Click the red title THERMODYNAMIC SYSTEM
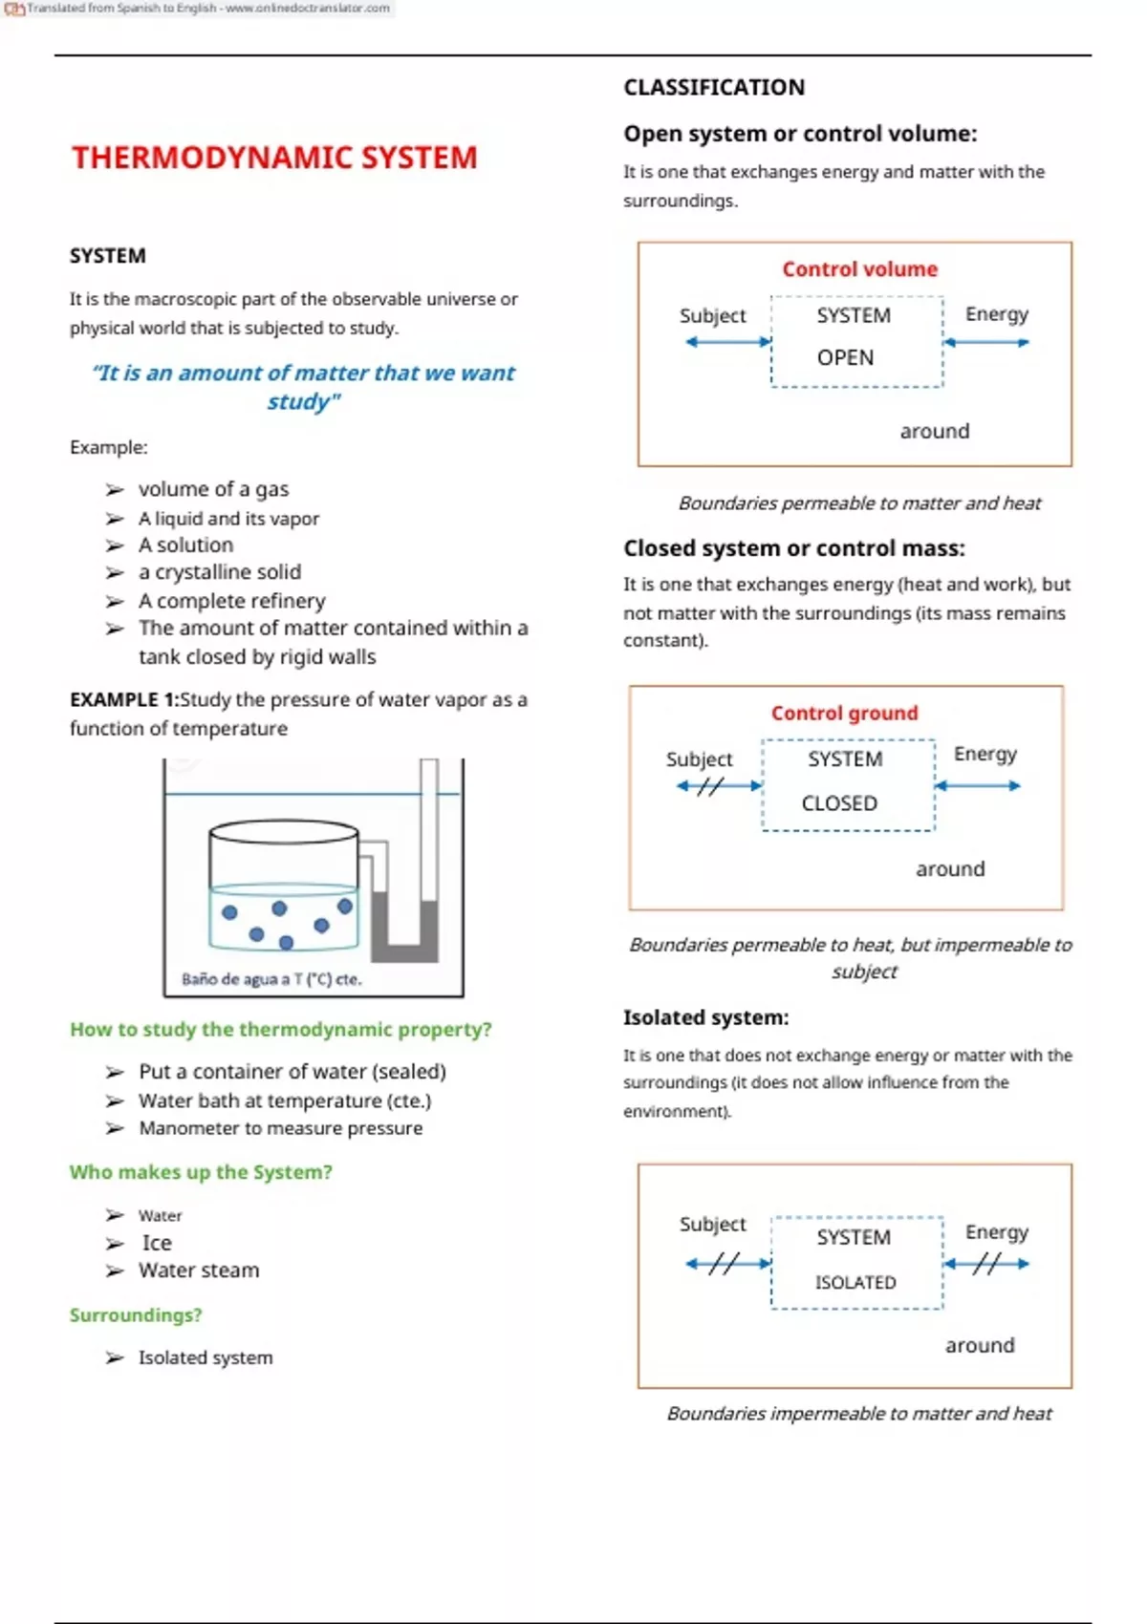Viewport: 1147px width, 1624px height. pyautogui.click(x=274, y=158)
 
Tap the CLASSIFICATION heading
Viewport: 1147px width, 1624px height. pyautogui.click(x=714, y=88)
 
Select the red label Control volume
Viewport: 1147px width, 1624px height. pyautogui.click(x=859, y=269)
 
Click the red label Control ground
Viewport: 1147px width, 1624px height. pyautogui.click(x=844, y=714)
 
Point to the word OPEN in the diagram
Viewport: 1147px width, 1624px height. pyautogui.click(x=845, y=357)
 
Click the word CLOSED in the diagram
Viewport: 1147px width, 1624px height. pyautogui.click(x=839, y=803)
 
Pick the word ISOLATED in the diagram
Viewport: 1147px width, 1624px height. pyautogui.click(x=855, y=1282)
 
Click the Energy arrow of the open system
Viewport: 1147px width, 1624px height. pyautogui.click(x=986, y=342)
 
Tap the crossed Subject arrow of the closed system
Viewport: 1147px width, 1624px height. pyautogui.click(x=718, y=786)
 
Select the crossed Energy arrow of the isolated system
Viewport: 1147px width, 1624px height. pyautogui.click(x=986, y=1264)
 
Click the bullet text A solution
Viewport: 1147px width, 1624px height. pyautogui.click(x=185, y=545)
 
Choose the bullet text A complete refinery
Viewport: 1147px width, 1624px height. pyautogui.click(x=231, y=601)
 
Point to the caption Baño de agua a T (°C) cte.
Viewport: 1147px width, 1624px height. pyautogui.click(x=271, y=979)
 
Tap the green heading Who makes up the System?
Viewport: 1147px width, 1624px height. pyautogui.click(x=201, y=1172)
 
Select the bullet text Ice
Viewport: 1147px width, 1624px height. pyautogui.click(x=157, y=1243)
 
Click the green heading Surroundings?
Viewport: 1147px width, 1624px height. pyautogui.click(x=136, y=1315)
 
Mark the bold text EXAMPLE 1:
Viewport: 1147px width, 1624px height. pyautogui.click(x=123, y=699)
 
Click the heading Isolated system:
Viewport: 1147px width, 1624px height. pyautogui.click(x=705, y=1018)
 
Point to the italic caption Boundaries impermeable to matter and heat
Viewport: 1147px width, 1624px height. pyautogui.click(x=858, y=1414)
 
